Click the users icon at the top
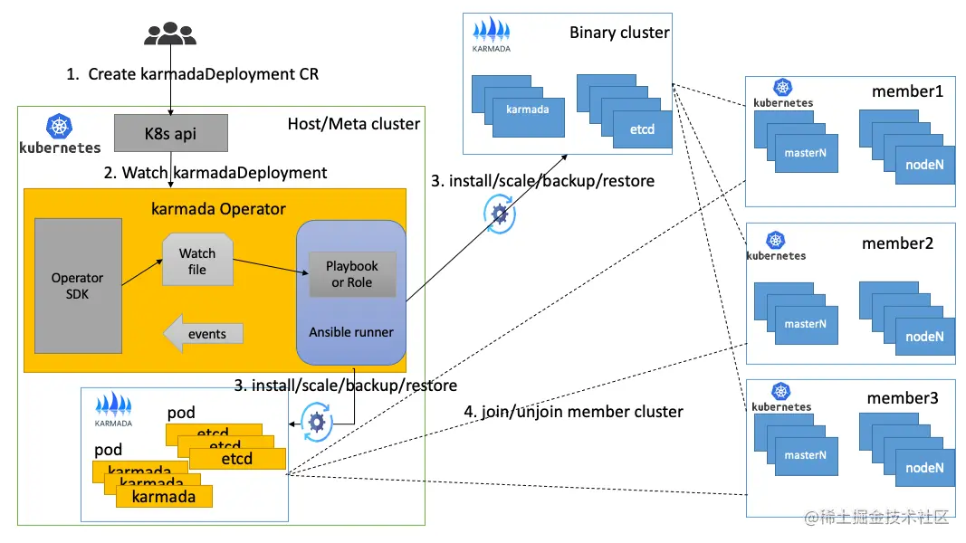pos(169,33)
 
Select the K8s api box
pos(170,134)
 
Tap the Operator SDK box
pos(77,285)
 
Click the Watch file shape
pos(197,261)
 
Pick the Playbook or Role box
pos(352,273)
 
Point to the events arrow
pos(203,334)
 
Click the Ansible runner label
pos(351,332)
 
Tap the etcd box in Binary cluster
pos(642,129)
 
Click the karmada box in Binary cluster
pos(528,110)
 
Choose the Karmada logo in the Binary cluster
pos(491,35)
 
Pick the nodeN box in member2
pos(924,337)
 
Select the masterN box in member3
pos(805,455)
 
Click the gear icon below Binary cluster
pos(497,214)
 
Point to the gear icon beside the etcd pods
pos(316,422)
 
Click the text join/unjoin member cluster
pos(573,412)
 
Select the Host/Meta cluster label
pos(353,123)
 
